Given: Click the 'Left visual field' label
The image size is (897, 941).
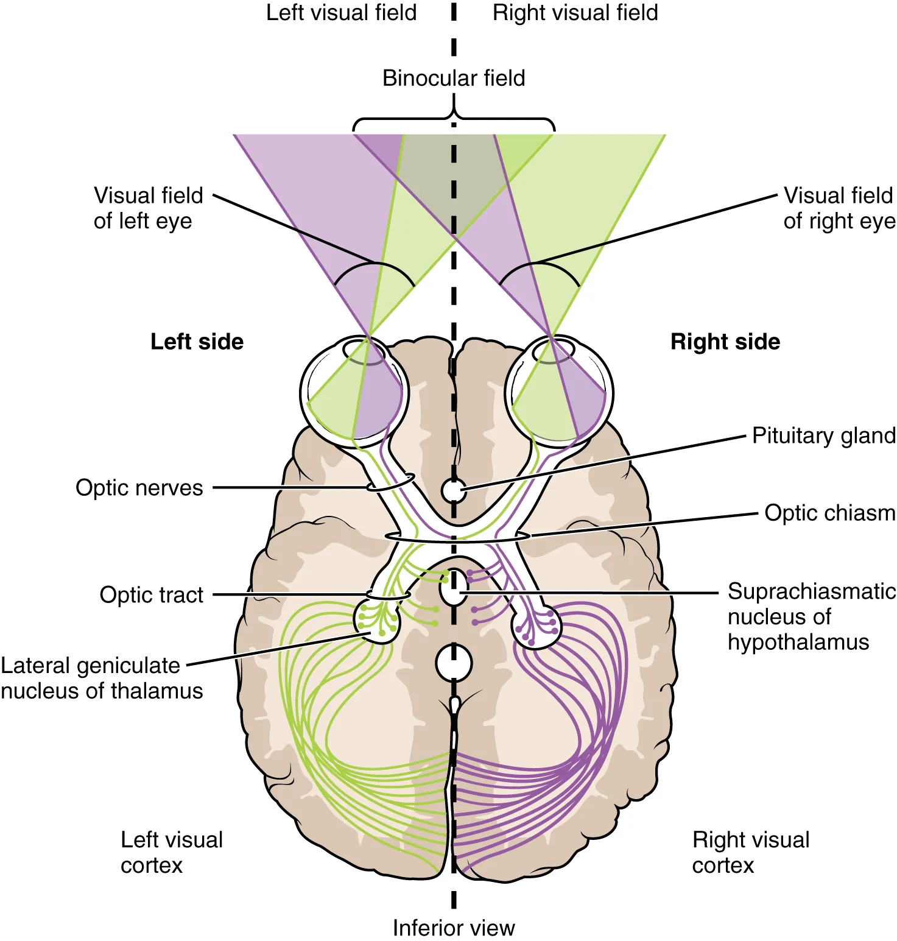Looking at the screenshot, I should pyautogui.click(x=341, y=13).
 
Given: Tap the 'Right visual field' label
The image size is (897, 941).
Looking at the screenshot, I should pyautogui.click(x=575, y=13).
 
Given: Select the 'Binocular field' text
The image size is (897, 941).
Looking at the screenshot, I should pyautogui.click(x=454, y=78).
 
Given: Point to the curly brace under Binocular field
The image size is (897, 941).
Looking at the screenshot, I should pyautogui.click(x=454, y=119).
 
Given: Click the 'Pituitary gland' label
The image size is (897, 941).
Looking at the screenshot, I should pyautogui.click(x=823, y=435).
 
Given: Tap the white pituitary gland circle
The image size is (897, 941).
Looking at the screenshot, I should pyautogui.click(x=454, y=490).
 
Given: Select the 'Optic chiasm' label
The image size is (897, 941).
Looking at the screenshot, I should pyautogui.click(x=829, y=513).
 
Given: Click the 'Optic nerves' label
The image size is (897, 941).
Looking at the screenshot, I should pyautogui.click(x=139, y=488).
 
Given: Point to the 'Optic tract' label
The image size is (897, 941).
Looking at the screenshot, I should pyautogui.click(x=151, y=595).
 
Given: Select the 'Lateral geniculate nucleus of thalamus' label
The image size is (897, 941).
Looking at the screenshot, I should pyautogui.click(x=101, y=678).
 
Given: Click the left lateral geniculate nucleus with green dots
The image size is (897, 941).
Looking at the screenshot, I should pyautogui.click(x=377, y=621).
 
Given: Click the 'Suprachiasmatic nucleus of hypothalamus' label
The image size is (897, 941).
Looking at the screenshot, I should pyautogui.click(x=811, y=616).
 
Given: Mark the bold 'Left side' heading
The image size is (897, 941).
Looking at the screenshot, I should pyautogui.click(x=197, y=342).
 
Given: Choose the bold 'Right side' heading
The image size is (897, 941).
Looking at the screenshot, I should pyautogui.click(x=725, y=342).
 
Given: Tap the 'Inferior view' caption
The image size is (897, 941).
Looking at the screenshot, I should pyautogui.click(x=454, y=928).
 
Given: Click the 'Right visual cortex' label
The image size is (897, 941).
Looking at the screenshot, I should pyautogui.click(x=750, y=852).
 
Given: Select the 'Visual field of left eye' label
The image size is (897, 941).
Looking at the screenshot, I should pyautogui.click(x=148, y=208).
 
